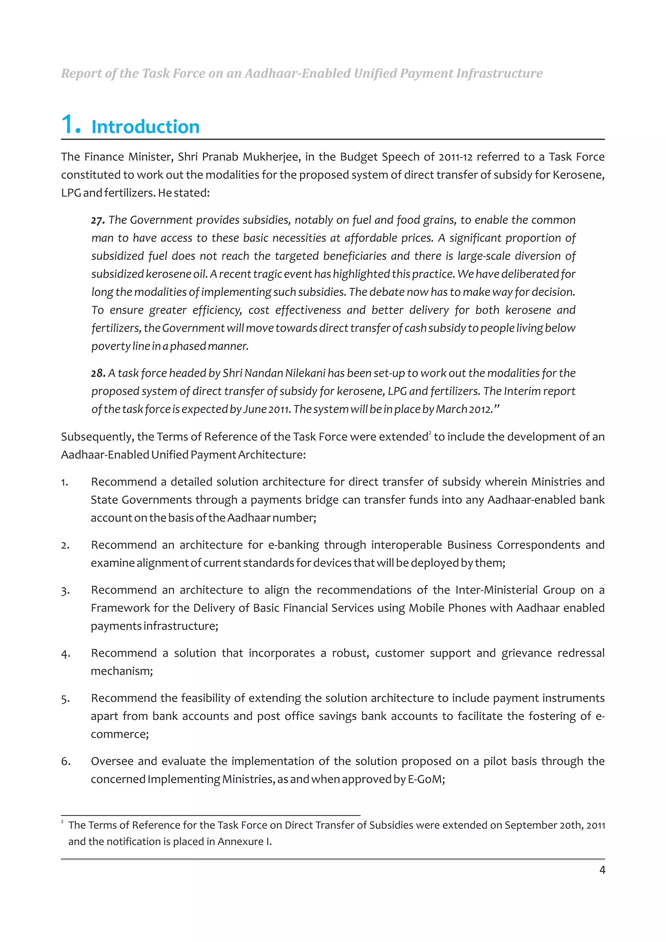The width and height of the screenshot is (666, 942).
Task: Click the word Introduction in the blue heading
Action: point(145,127)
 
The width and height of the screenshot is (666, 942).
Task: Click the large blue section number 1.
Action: point(71,124)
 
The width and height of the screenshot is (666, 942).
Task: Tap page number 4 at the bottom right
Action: point(602,870)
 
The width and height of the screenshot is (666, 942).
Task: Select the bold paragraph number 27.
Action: point(98,220)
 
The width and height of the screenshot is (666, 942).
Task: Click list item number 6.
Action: point(66,762)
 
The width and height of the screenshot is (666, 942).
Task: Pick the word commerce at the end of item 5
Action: point(119,734)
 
